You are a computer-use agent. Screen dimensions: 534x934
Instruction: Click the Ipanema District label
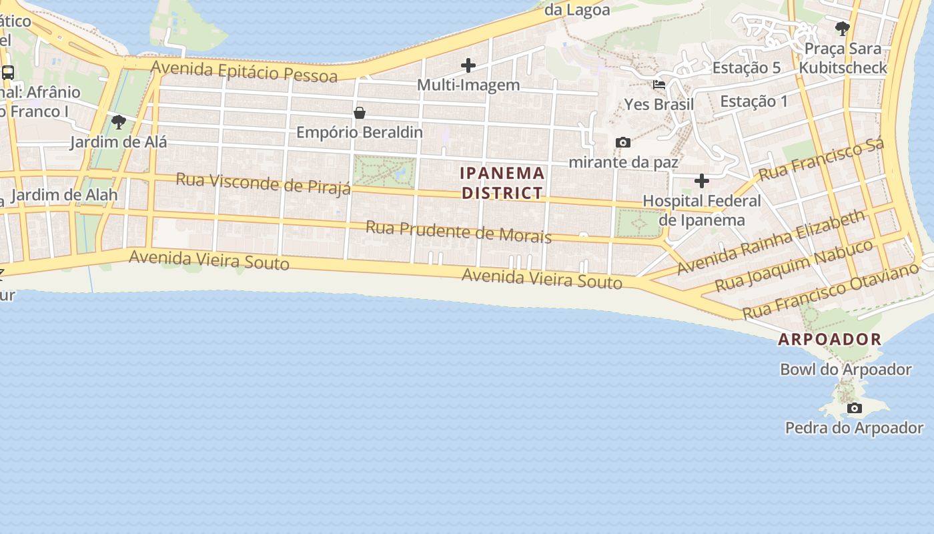502,183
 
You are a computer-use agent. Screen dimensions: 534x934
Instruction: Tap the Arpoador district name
830,339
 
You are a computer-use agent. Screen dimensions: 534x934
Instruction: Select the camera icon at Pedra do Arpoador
854,408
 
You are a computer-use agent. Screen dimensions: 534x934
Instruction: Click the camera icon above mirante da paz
623,142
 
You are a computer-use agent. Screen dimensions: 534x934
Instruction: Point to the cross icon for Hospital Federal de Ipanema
701,181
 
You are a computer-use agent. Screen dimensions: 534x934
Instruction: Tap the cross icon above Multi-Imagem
468,65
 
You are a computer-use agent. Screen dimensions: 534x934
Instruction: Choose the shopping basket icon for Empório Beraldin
360,113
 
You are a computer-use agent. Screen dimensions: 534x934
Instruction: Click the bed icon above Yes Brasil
659,85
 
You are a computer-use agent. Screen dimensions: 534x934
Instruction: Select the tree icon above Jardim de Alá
119,122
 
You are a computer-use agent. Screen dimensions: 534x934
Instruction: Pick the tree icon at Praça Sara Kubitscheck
843,28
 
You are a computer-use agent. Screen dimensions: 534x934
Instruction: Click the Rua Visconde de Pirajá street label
263,184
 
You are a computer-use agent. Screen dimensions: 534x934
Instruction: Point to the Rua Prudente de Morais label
458,232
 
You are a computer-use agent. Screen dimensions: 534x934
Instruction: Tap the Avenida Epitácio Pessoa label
244,71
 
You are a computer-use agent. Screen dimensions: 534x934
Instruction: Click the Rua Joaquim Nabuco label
794,266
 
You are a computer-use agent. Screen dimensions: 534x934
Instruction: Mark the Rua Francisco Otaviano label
831,291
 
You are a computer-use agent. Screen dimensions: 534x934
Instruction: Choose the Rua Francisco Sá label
821,159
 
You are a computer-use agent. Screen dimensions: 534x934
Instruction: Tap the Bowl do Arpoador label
845,369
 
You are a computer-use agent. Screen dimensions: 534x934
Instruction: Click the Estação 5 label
747,67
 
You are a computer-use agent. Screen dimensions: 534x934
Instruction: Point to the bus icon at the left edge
8,73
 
